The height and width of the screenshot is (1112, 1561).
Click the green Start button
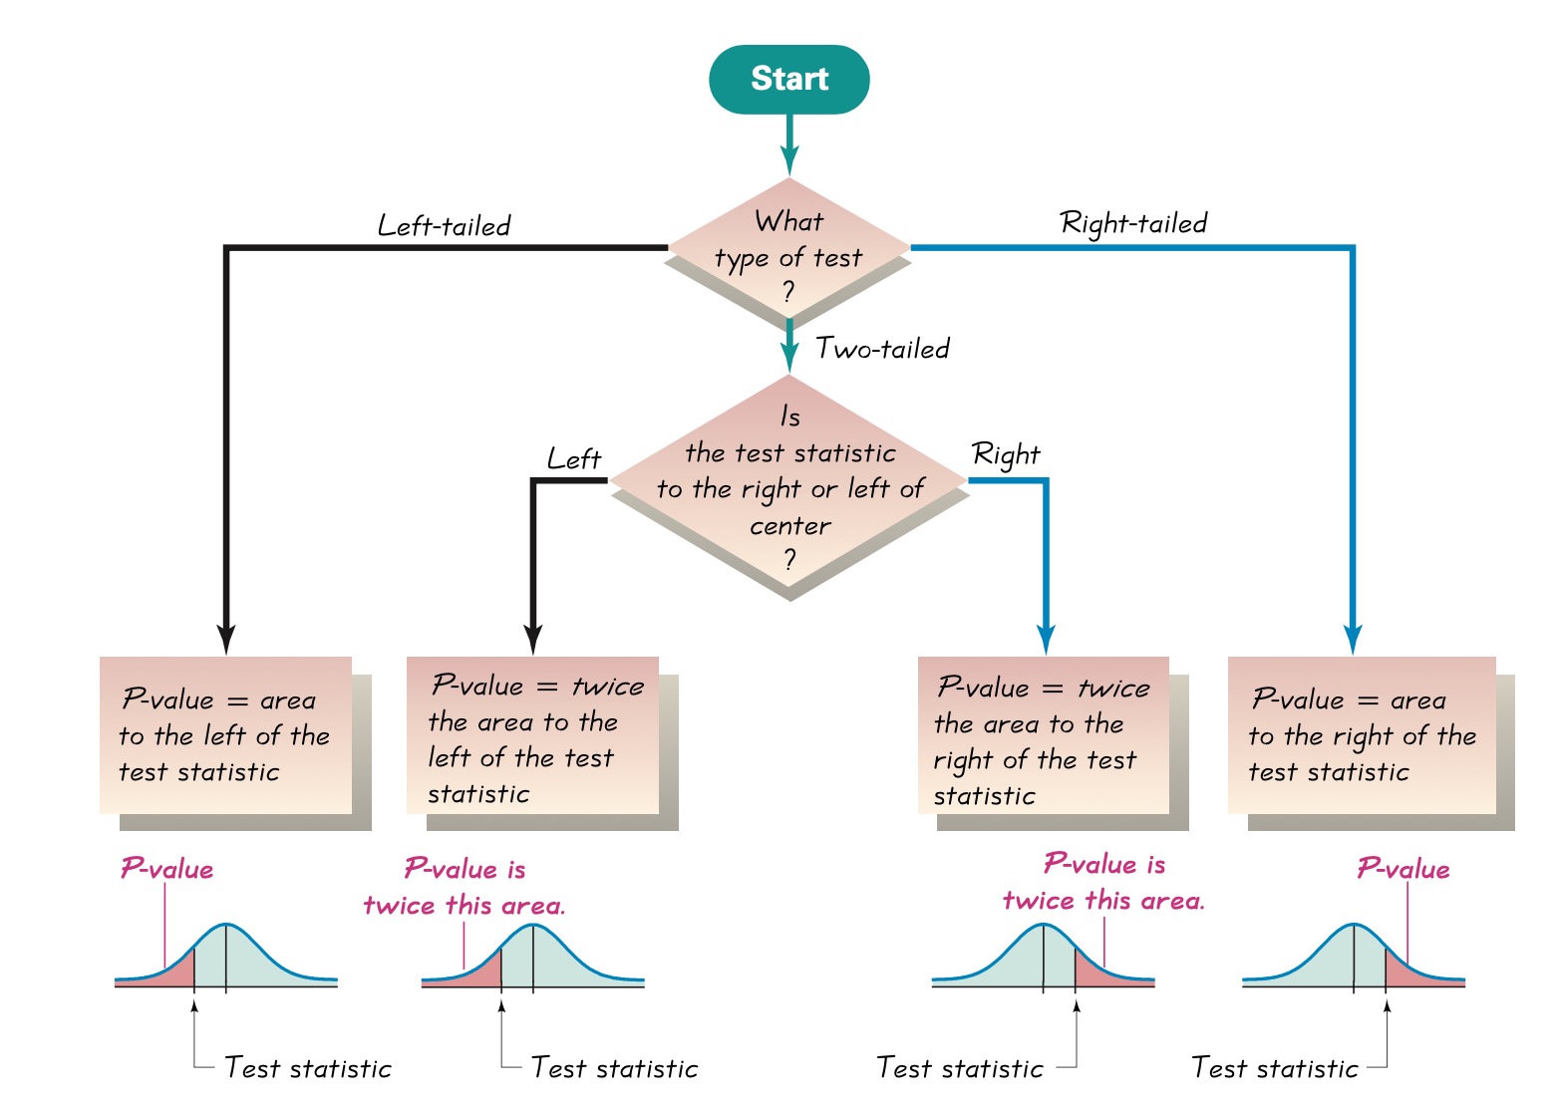pos(788,79)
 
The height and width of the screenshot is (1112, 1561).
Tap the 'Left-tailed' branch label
pos(444,226)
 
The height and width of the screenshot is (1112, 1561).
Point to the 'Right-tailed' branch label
pos(1133,223)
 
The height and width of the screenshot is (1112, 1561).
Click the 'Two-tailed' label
pos(882,349)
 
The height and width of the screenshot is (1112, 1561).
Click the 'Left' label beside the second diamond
pos(574,459)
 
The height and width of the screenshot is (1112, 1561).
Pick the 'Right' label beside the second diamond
pos(1005,455)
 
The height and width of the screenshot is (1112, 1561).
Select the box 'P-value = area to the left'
pos(226,735)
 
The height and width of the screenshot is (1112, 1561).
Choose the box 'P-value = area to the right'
pos(1362,735)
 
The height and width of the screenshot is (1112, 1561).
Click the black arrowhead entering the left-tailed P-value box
pos(226,641)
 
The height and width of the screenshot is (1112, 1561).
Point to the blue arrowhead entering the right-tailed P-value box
pos(1352,641)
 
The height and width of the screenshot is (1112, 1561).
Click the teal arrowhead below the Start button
pos(789,161)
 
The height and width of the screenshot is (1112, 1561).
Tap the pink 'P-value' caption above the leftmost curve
pos(166,869)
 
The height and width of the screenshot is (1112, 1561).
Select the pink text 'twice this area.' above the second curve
pos(464,906)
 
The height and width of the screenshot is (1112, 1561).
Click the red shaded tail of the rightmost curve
pos(1405,971)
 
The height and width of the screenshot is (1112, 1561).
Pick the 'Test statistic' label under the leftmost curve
pos(308,1068)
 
